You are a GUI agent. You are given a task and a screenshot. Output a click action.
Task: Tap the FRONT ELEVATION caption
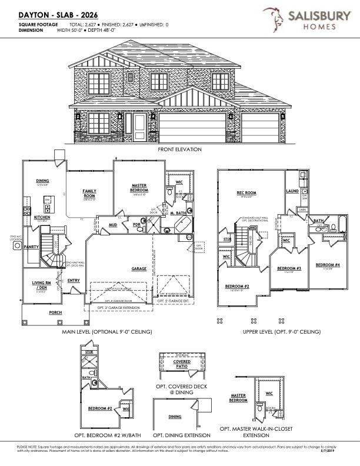pyautogui.click(x=179, y=149)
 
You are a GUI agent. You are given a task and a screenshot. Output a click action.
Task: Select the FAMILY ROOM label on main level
pyautogui.click(x=89, y=194)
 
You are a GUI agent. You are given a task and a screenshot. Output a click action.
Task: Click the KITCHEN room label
pyautogui.click(x=42, y=217)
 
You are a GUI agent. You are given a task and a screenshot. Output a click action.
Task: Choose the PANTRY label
pyautogui.click(x=31, y=247)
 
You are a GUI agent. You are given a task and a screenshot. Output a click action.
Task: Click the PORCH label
pyautogui.click(x=55, y=312)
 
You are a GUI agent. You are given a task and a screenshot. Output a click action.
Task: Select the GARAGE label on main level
pyautogui.click(x=139, y=268)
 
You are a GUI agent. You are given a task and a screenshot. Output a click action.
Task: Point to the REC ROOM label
pyautogui.click(x=245, y=192)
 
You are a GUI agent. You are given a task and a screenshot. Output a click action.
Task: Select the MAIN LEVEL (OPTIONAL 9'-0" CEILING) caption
pyautogui.click(x=107, y=332)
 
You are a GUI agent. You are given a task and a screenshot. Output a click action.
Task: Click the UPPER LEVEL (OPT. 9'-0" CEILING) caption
pyautogui.click(x=282, y=332)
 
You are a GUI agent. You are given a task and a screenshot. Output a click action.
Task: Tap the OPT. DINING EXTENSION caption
pyautogui.click(x=181, y=435)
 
